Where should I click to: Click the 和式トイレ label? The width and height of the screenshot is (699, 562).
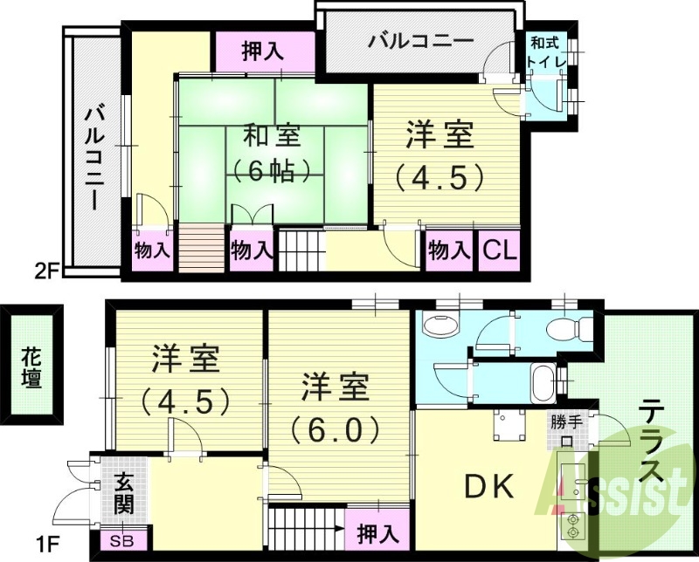pos(547,51)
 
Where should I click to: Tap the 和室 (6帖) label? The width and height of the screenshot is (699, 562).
pos(272,153)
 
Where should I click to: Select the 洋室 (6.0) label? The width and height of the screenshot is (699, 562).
pos(336,407)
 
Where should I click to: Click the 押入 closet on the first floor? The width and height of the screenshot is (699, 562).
pos(378,531)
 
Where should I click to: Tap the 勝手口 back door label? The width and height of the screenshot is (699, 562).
pos(565,428)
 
